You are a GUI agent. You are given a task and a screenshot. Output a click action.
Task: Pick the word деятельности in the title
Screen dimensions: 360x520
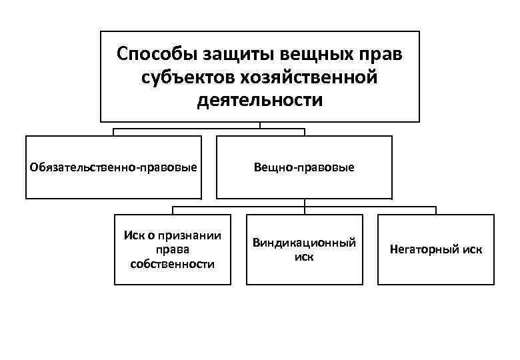[x=260, y=101]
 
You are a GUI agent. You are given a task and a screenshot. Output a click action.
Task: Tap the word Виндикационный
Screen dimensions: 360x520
[x=304, y=243]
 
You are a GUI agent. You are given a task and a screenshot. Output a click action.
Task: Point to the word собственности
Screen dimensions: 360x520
[x=173, y=264]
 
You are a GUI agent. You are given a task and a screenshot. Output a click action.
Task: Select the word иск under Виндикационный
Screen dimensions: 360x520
[x=304, y=257]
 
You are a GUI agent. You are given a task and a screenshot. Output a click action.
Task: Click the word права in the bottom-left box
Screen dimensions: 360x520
[x=173, y=250]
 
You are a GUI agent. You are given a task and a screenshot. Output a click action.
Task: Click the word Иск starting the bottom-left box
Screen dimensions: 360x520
[x=133, y=236]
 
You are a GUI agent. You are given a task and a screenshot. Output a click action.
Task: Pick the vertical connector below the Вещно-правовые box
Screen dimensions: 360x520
[x=305, y=203]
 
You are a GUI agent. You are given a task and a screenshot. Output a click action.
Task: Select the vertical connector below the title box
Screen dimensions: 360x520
[x=260, y=125]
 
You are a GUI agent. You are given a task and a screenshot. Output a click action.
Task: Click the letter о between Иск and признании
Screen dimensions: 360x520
[x=151, y=237]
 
